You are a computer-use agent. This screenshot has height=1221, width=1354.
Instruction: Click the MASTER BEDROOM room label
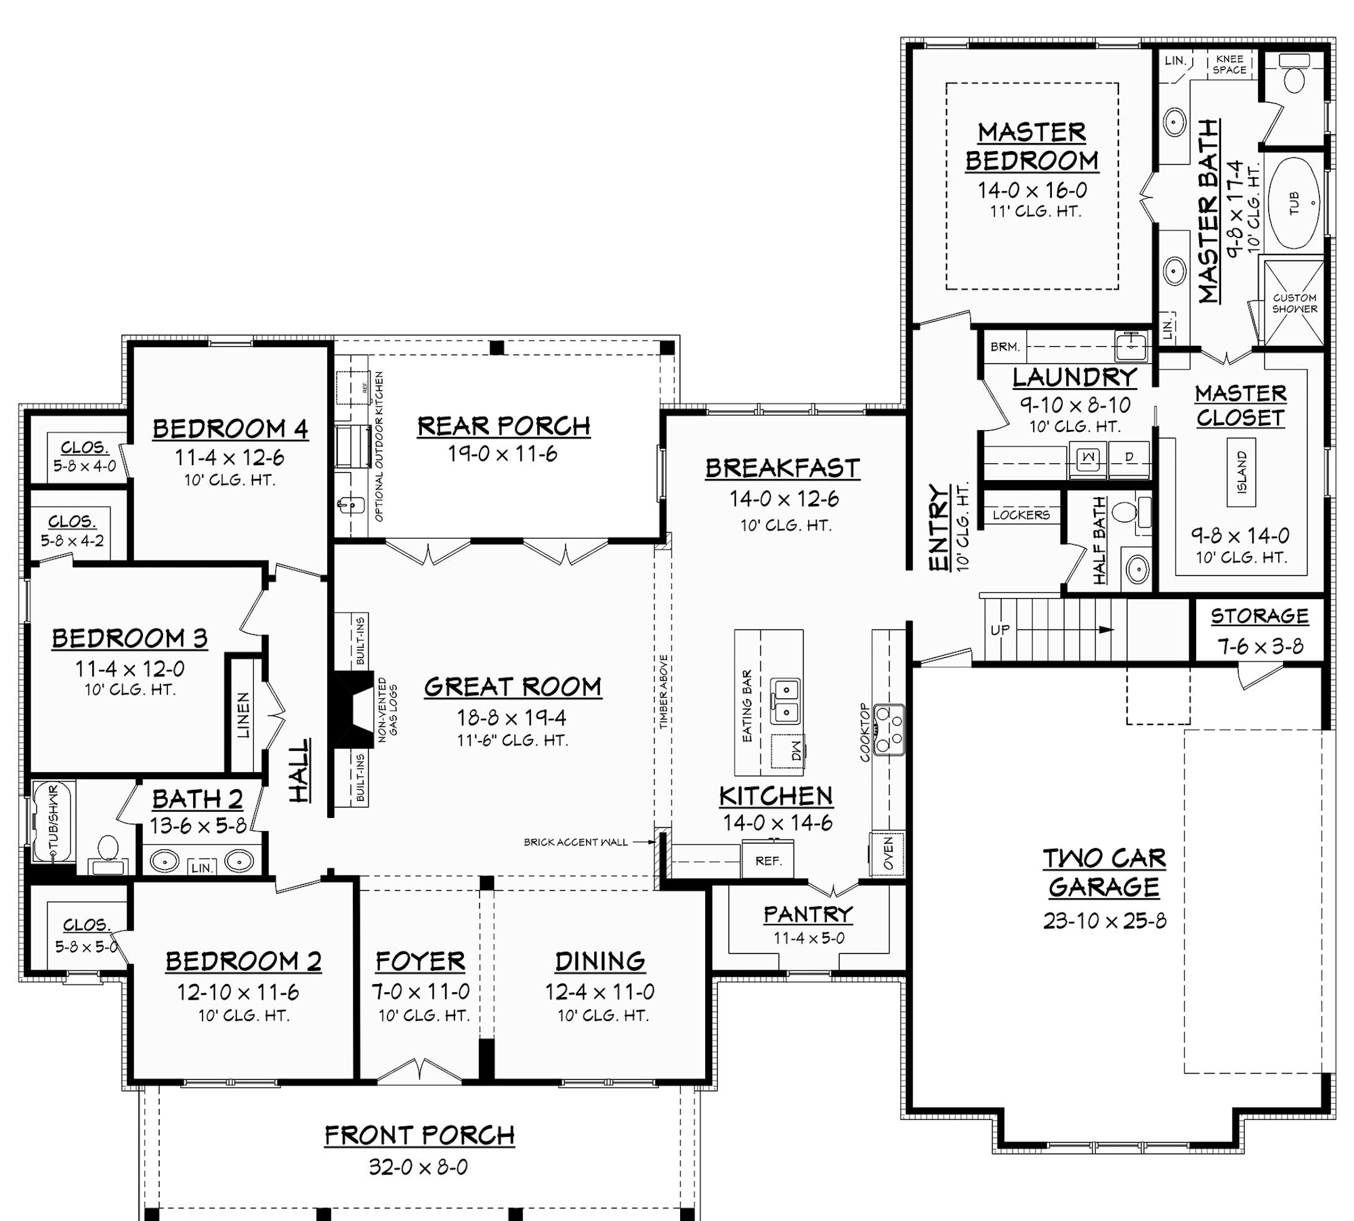(x=1031, y=146)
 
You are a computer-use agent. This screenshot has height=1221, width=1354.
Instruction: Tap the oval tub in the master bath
(x=1294, y=202)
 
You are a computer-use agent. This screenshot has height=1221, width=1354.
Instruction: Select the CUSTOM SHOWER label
(x=1294, y=303)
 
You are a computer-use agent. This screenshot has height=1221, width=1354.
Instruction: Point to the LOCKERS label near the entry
(x=1021, y=515)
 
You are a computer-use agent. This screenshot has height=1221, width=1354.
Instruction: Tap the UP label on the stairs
(x=1000, y=630)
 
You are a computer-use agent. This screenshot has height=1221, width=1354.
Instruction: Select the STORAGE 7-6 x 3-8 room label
(x=1259, y=617)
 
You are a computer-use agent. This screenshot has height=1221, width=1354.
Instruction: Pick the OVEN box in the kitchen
(x=888, y=853)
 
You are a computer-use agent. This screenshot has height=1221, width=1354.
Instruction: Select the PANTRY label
(x=808, y=914)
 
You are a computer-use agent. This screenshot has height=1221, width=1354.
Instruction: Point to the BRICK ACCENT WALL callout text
(x=575, y=842)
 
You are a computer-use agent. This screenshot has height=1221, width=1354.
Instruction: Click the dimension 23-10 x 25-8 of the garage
(x=1105, y=920)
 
